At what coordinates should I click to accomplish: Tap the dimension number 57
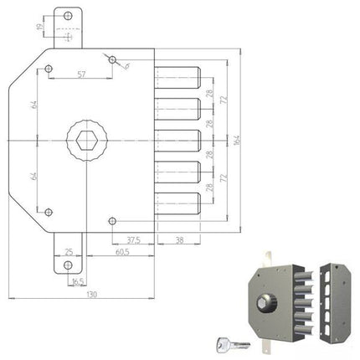(x=80, y=75)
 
